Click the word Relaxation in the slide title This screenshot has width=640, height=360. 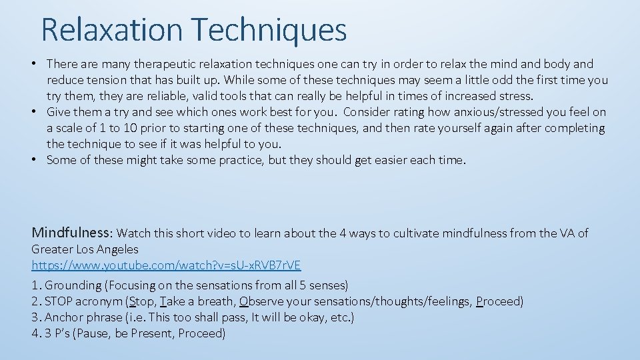111,30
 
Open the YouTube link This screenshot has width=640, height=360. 166,265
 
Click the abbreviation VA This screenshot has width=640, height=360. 566,233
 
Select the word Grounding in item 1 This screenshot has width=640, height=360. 73,285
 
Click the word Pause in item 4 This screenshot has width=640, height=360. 97,333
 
